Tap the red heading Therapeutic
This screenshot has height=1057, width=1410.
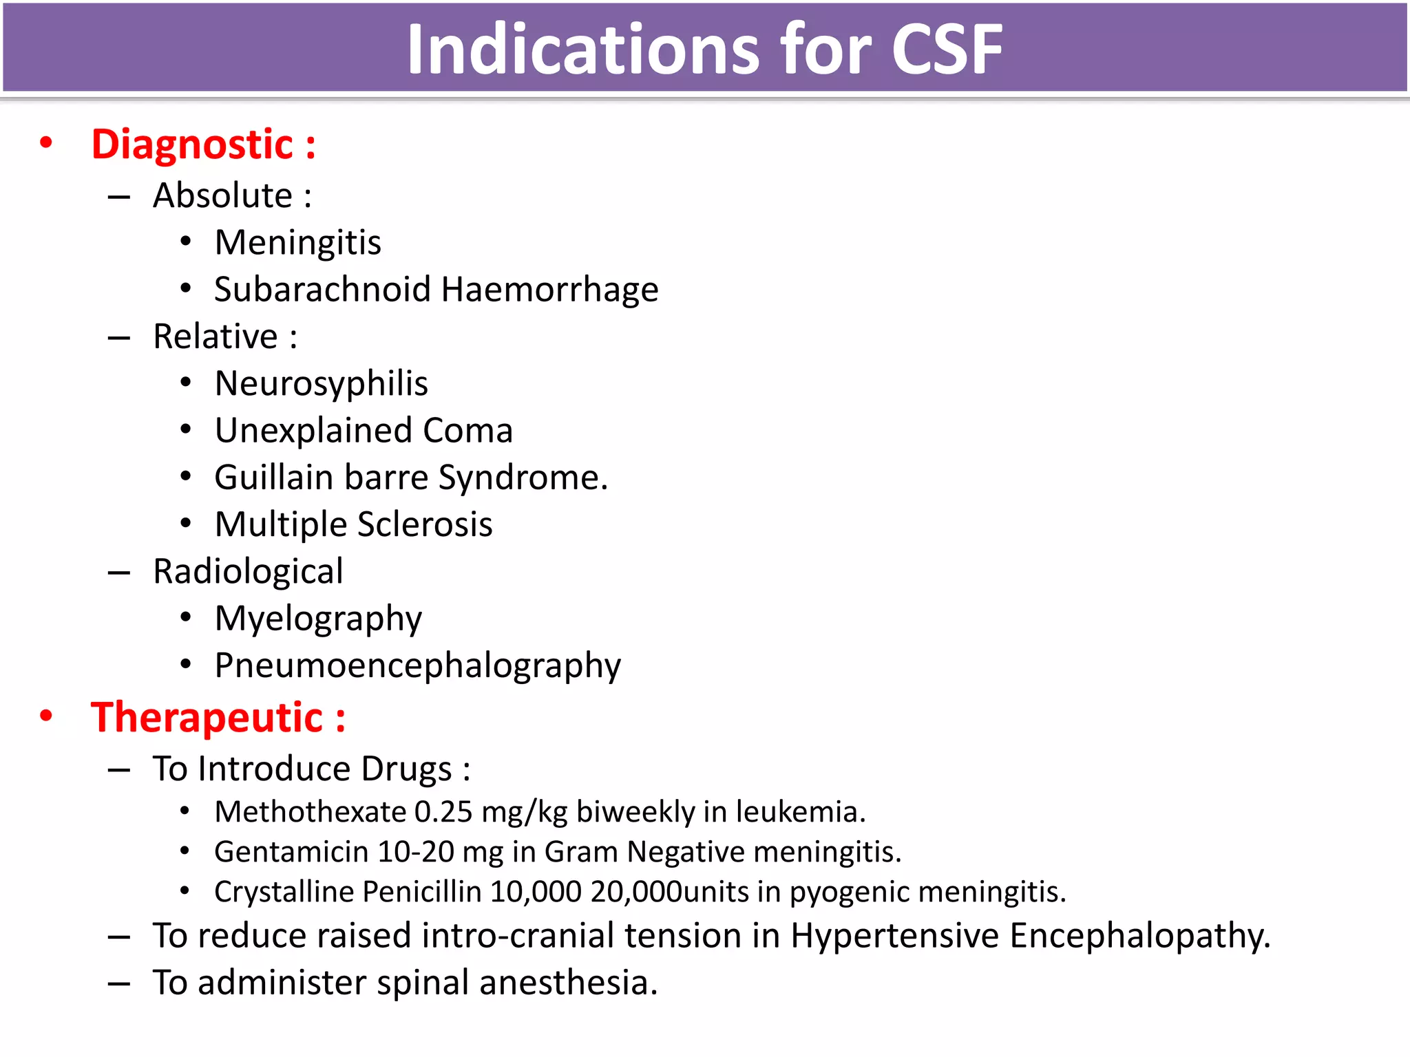click(x=207, y=718)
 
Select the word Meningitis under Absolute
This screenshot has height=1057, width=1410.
click(x=297, y=243)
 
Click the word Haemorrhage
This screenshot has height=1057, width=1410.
click(x=549, y=290)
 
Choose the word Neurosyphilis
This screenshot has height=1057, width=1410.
click(x=321, y=384)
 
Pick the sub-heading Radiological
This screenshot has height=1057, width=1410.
click(x=248, y=572)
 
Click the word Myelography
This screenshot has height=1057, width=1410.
click(x=318, y=619)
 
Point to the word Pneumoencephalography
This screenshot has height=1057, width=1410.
click(x=417, y=666)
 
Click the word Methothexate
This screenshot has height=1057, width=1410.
click(x=310, y=812)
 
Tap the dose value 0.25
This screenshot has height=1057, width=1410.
click(x=443, y=812)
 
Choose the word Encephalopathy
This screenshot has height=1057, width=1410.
click(x=1139, y=936)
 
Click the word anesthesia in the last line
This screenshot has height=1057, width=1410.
click(x=568, y=983)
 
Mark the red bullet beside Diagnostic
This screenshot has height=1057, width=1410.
click(x=46, y=143)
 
